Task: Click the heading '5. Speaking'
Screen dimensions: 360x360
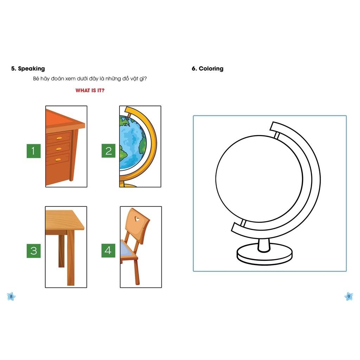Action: [x=28, y=69]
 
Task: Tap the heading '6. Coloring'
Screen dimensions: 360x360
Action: [x=207, y=69]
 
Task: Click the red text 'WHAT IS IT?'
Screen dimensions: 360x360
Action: [x=90, y=90]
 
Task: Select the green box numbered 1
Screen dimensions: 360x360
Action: [x=33, y=151]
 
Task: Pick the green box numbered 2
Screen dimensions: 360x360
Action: [x=108, y=150]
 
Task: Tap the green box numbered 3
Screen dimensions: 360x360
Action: [x=33, y=251]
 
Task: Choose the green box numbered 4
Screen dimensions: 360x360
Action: [x=108, y=250]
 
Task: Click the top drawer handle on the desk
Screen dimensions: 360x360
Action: [x=59, y=138]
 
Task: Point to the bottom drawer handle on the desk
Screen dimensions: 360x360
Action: [x=58, y=160]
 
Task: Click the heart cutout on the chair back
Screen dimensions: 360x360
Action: [x=137, y=219]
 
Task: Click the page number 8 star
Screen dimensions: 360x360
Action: [x=11, y=296]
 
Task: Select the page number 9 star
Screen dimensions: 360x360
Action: [x=348, y=296]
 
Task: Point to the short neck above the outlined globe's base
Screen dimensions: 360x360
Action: [x=264, y=245]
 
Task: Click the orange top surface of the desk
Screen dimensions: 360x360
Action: [x=64, y=120]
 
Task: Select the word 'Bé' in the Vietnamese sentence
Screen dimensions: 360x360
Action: [x=36, y=78]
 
